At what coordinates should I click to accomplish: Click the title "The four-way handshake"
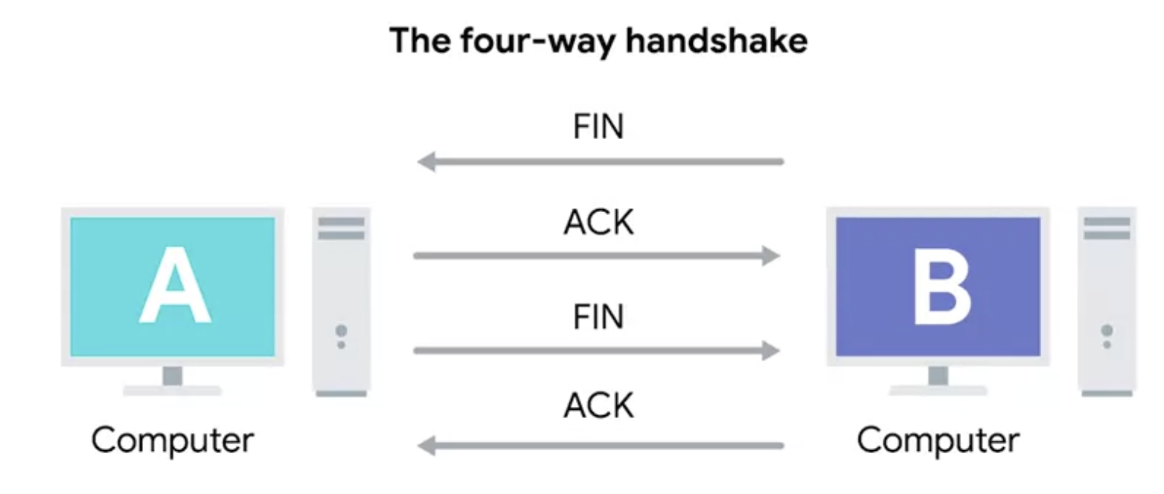[x=598, y=40]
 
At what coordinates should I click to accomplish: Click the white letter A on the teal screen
[x=175, y=287]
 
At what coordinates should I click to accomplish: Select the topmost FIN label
[x=598, y=127]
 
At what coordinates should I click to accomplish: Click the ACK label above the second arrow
[x=598, y=222]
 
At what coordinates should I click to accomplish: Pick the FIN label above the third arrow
[x=598, y=317]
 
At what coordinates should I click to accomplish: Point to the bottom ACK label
[x=598, y=405]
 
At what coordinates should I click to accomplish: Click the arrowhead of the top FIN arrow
[x=426, y=161]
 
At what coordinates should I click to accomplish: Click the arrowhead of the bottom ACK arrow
[x=426, y=446]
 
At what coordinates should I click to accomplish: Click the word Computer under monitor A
[x=173, y=440]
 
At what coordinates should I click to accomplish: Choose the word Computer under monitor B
[x=938, y=440]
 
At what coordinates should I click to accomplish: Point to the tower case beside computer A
[x=342, y=301]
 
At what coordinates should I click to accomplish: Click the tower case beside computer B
[x=1107, y=301]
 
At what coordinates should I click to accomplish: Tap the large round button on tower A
[x=342, y=330]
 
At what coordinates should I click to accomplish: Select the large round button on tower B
[x=1107, y=330]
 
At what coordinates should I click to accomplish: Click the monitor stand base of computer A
[x=173, y=390]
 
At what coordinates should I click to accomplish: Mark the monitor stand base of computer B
[x=938, y=390]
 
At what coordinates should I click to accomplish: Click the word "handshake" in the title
[x=716, y=40]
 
